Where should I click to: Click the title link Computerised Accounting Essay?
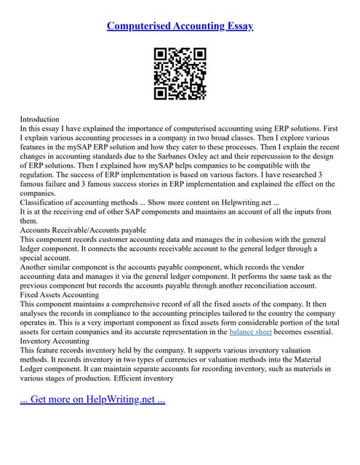click(180, 26)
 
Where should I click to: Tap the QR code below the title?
click(180, 74)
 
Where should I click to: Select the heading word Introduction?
click(39, 118)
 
